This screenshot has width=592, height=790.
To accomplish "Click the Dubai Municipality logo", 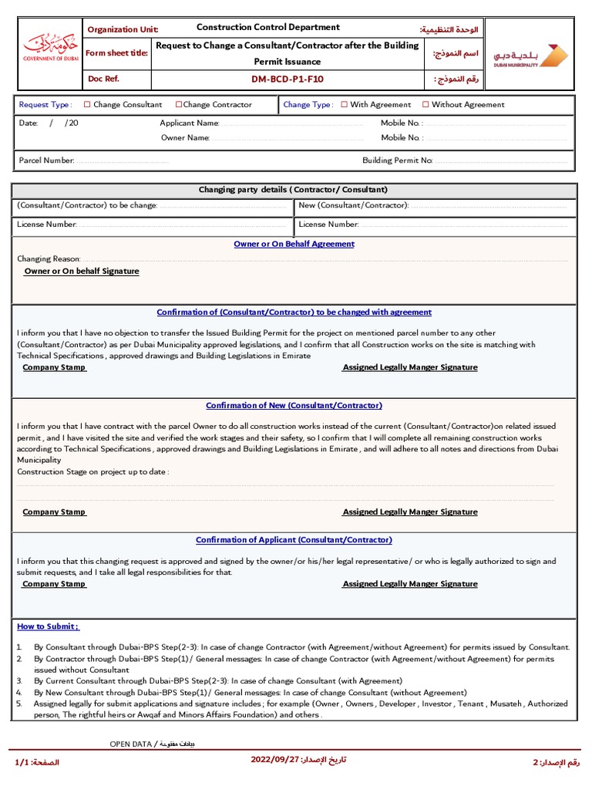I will [531, 56].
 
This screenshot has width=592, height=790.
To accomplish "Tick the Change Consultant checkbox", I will [87, 105].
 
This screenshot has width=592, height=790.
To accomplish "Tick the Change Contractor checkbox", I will [179, 105].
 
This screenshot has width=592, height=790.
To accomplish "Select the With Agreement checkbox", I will [345, 105].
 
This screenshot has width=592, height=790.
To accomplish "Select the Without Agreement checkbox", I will [425, 105].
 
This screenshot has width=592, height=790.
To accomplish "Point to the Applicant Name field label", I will [190, 123].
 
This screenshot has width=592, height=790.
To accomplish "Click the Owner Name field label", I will [185, 138].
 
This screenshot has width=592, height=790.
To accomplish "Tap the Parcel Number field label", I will [46, 160].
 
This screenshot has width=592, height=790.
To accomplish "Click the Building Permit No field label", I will [398, 160].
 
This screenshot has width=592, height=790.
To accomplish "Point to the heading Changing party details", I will [293, 190].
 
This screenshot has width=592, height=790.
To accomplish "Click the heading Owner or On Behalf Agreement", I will [294, 244].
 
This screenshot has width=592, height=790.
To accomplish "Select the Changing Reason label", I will [49, 259].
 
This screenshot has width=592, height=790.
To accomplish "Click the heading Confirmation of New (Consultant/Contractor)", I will [294, 406].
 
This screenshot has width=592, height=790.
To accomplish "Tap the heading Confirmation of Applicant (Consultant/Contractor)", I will [294, 540].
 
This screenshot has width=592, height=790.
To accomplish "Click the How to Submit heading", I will [48, 626].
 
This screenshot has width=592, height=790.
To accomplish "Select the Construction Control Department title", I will [267, 28].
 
